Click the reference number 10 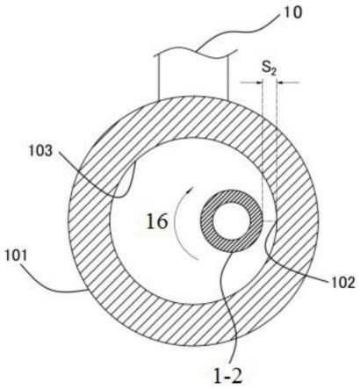292,13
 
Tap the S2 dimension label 269,69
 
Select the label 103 40,151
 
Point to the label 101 16,256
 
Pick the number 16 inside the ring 157,221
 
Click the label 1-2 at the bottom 228,376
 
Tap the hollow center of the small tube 231,220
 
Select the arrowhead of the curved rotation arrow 191,189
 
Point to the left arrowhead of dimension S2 259,83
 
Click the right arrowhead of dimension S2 280,83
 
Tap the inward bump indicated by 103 125,182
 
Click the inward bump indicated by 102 270,239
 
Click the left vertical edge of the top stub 158,76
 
